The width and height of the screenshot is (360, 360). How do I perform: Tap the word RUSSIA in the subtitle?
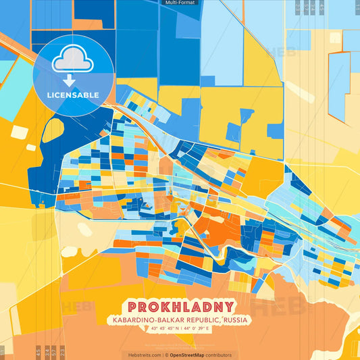(x=235, y=319)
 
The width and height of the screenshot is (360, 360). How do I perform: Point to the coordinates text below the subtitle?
(x=180, y=329)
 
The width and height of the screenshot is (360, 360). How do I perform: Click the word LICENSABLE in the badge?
(x=73, y=95)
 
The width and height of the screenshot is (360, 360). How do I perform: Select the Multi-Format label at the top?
(x=179, y=3)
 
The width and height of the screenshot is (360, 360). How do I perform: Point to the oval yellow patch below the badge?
(x=53, y=130)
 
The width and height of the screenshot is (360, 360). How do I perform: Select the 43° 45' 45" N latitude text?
(x=162, y=329)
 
